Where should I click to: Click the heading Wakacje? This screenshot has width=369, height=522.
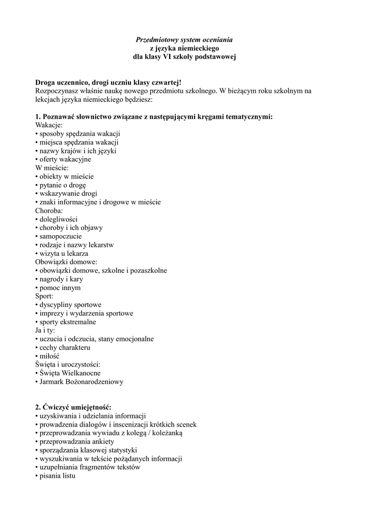point(49,125)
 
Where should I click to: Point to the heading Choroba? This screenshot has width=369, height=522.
point(49,211)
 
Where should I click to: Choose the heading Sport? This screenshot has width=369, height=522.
point(44,296)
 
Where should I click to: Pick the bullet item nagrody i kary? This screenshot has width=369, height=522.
point(61,279)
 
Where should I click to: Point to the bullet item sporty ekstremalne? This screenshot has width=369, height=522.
point(67,322)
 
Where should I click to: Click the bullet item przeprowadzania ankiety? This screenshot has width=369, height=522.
point(76,441)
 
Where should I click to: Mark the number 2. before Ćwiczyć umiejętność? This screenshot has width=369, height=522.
point(38,407)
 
